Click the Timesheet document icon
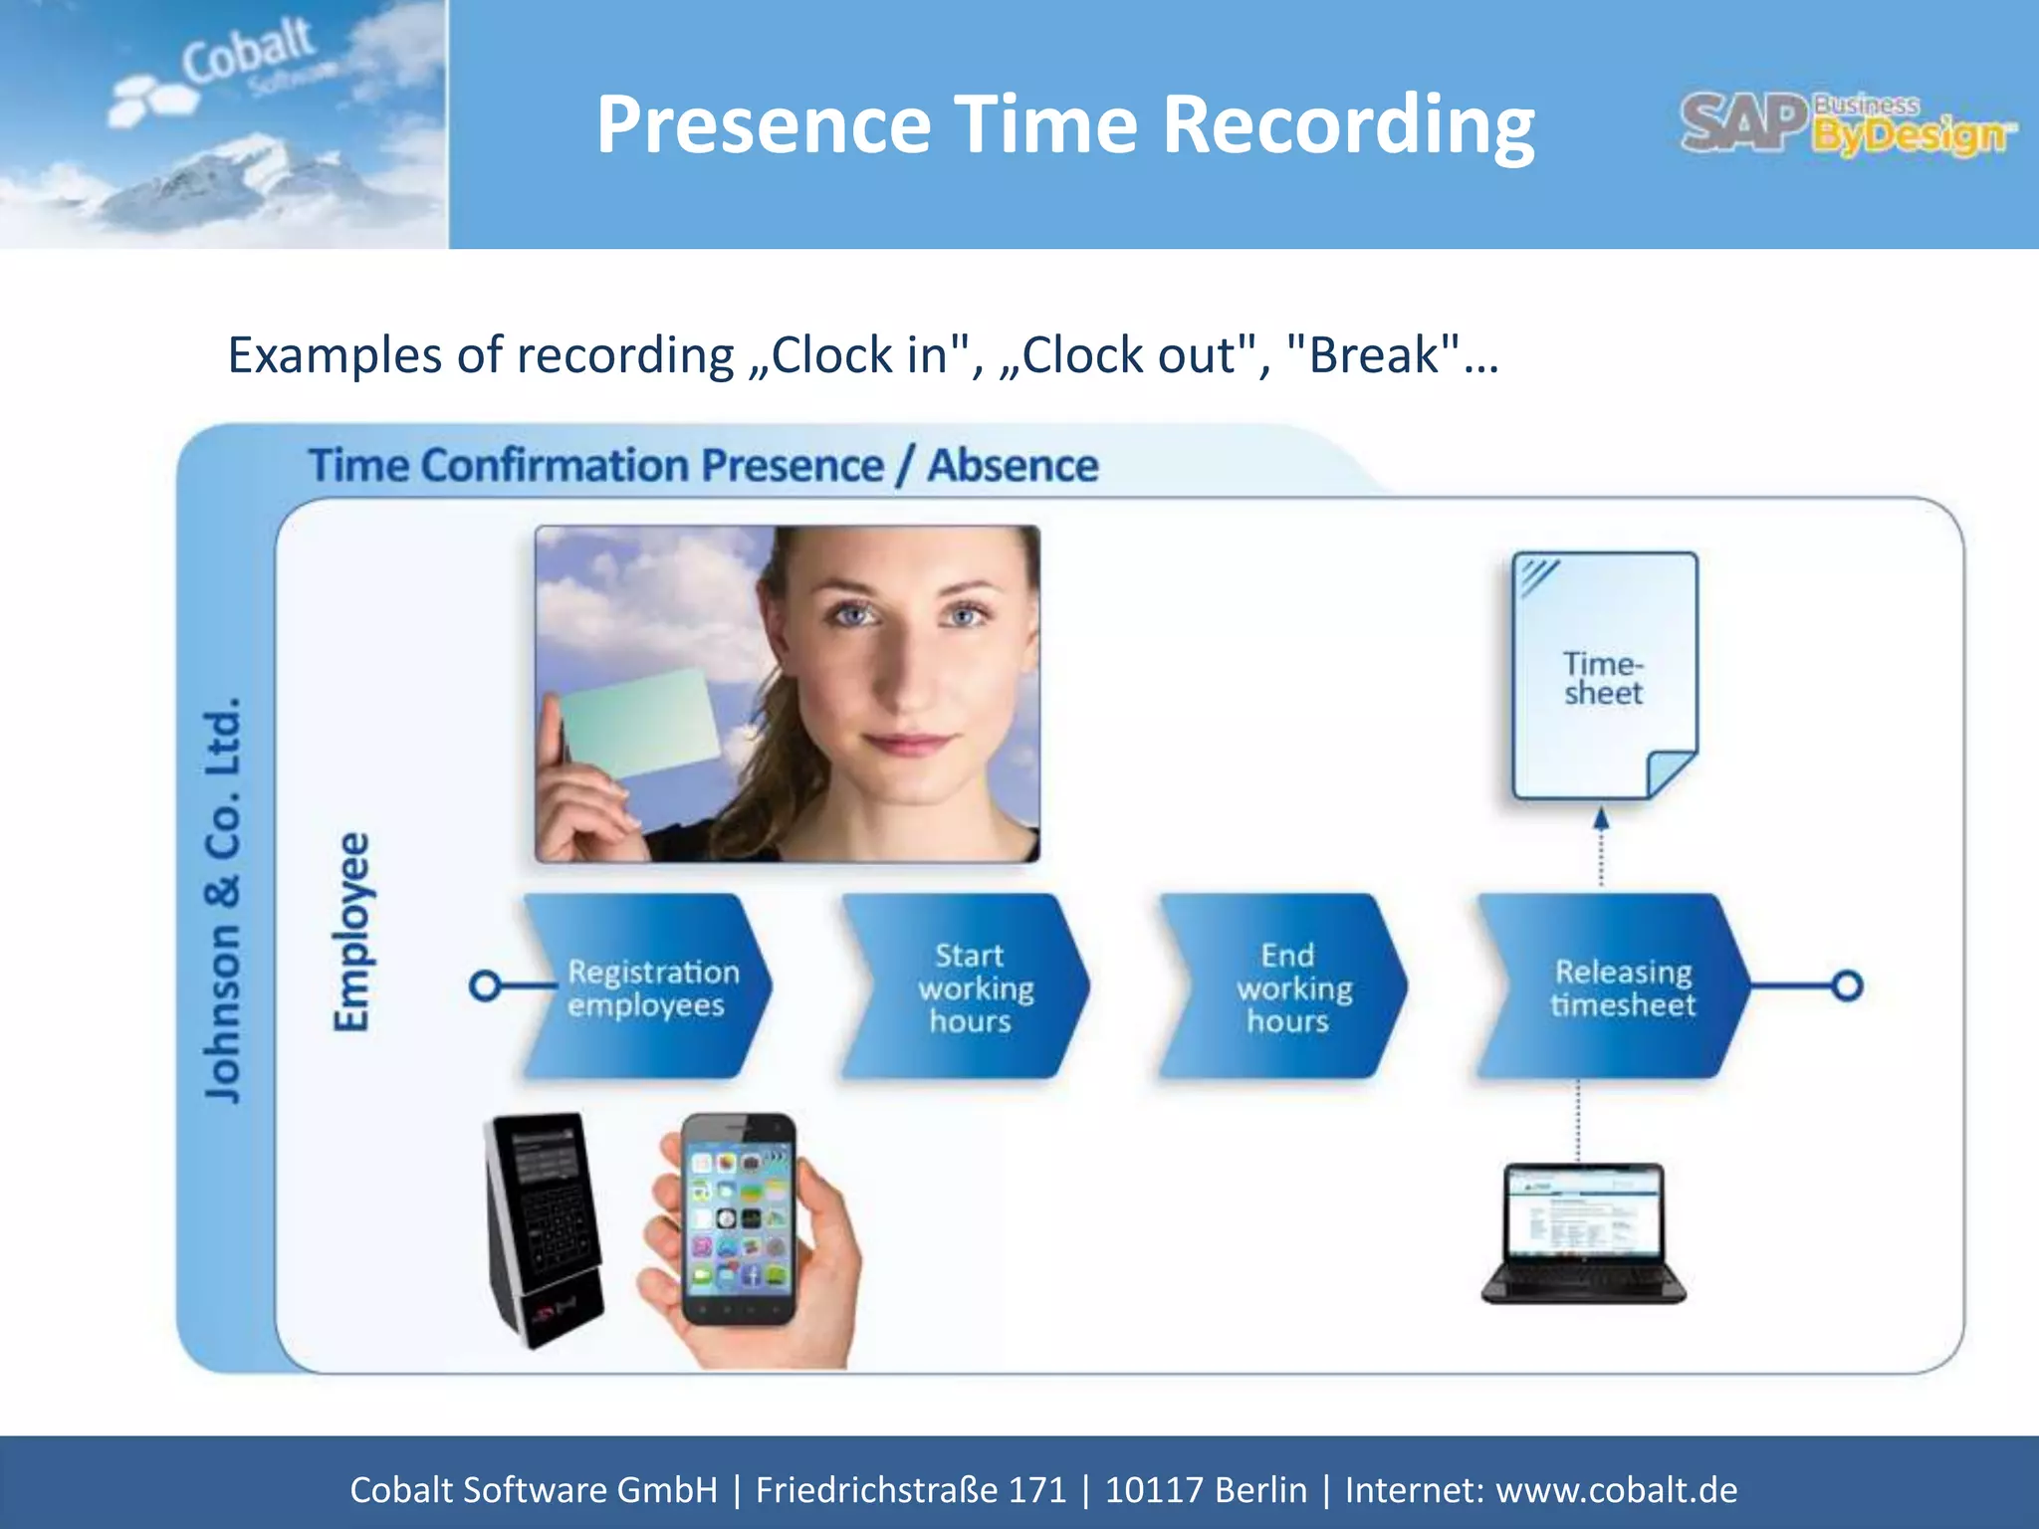pos(1603,676)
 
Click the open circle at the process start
pos(485,985)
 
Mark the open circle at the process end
pos(1848,985)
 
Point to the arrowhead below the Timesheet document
pos(1601,819)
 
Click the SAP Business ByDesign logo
pos(1847,124)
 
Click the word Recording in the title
pos(1348,124)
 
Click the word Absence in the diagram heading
pos(1013,466)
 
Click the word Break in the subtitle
pos(1374,354)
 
